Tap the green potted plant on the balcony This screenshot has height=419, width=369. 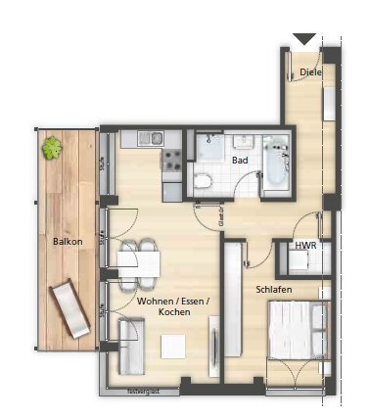51,149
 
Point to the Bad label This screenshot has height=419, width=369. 240,159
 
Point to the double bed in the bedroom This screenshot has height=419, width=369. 297,329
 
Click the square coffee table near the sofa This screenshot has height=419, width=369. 174,345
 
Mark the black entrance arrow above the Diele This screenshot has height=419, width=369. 304,39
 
